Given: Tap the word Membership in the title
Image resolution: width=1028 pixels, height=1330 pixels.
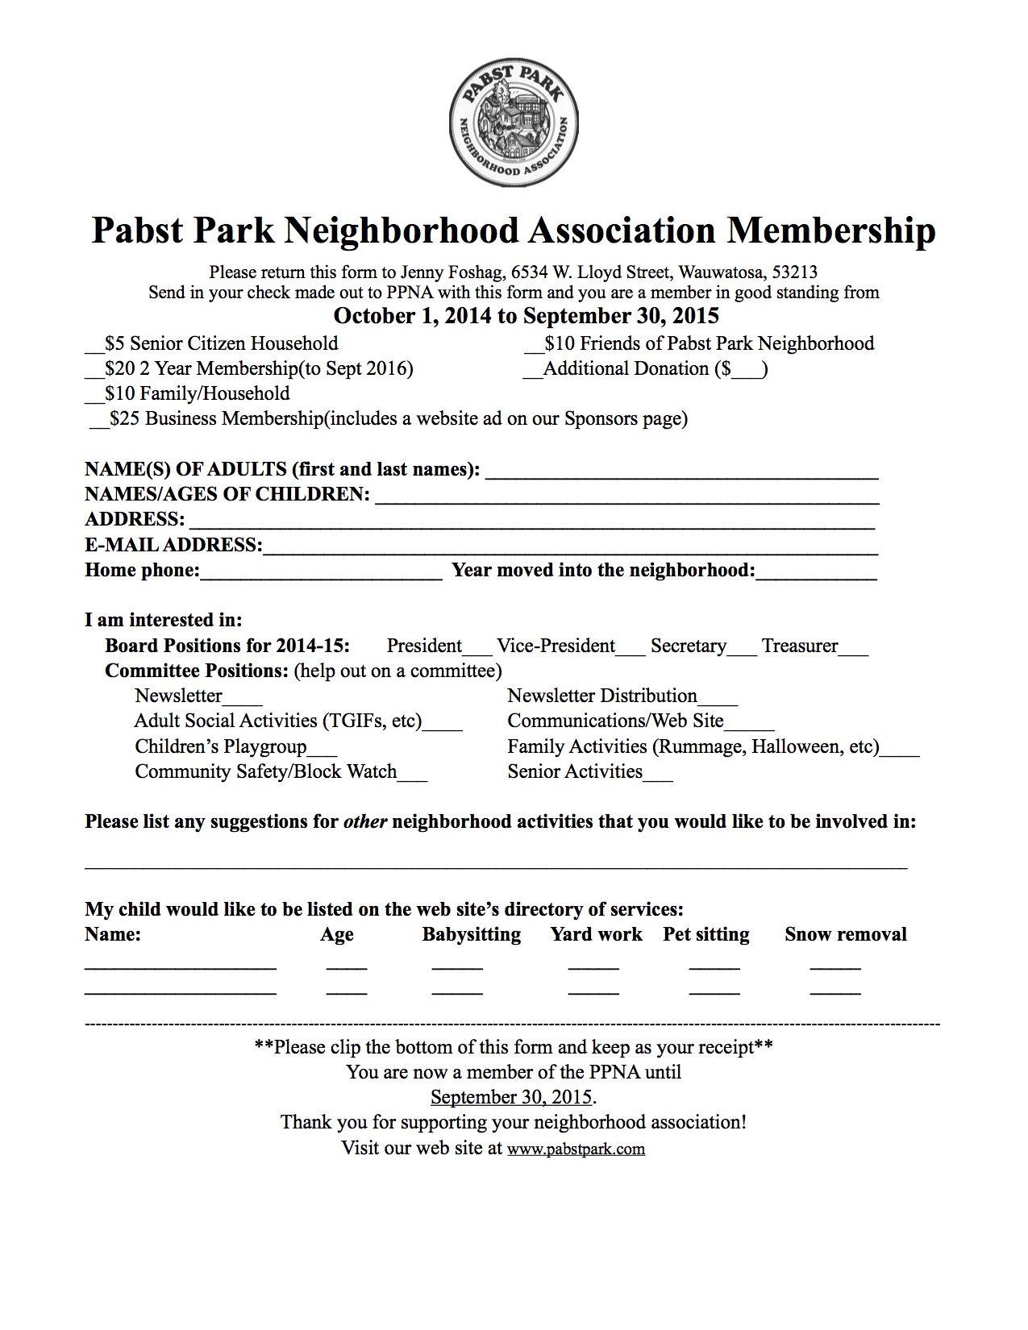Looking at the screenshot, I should point(830,231).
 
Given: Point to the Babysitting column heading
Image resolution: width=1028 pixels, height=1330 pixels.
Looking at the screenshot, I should point(471,935).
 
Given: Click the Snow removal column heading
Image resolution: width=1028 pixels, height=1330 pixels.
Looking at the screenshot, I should point(845,935).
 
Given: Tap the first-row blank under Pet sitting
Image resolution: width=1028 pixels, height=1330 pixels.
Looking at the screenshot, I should point(714,966).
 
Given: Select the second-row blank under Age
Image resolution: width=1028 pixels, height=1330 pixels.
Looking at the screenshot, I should point(347,991).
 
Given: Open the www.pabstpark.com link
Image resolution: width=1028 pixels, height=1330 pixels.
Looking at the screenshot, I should point(576,1149).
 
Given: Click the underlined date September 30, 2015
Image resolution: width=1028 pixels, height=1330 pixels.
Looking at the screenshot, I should point(512,1098).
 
